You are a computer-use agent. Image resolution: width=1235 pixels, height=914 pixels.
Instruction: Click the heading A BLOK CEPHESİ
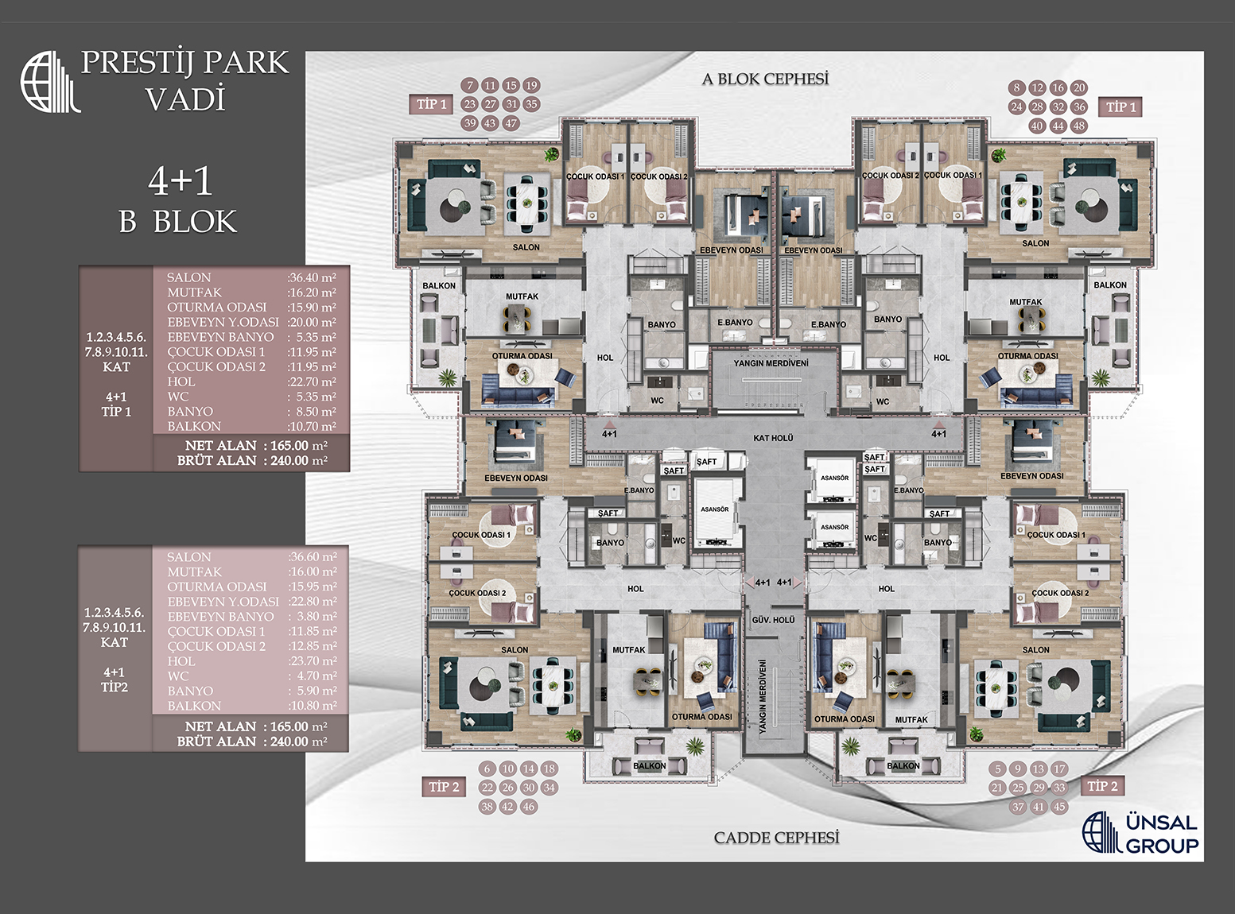pos(765,79)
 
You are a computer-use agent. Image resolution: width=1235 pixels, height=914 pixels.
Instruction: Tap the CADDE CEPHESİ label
pos(776,838)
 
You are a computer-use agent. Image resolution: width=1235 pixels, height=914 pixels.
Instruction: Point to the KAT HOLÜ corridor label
pos(773,438)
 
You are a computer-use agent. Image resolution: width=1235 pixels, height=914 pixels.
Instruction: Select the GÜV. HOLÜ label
pos(773,619)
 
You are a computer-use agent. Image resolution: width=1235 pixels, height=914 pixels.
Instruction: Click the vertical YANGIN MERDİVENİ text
pos(762,695)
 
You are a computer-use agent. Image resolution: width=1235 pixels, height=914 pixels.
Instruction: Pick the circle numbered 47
pos(511,123)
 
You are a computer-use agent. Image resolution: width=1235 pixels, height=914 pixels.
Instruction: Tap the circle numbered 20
pos(1078,88)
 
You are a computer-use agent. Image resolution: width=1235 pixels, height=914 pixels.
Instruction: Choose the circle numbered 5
pos(998,769)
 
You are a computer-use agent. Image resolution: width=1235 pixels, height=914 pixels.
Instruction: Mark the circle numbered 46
pos(529,807)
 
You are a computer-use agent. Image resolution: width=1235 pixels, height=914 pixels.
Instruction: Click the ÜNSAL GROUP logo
pos(1140,833)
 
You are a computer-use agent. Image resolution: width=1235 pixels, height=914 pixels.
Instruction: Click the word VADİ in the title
pos(185,100)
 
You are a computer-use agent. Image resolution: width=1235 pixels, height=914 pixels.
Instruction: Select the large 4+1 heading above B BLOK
pos(180,181)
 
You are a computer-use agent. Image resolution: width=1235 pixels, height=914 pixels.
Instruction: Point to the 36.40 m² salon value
pos(312,277)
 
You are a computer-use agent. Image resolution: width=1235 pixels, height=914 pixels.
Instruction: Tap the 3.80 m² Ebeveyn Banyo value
pos(313,617)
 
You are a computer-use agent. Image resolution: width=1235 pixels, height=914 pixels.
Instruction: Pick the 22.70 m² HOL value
pos(312,381)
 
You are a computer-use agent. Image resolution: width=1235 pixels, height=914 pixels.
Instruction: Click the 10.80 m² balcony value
pos(313,706)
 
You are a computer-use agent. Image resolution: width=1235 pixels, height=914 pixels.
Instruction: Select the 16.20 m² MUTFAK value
pos(312,292)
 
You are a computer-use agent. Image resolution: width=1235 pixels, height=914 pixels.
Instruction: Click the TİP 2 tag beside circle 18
pos(444,787)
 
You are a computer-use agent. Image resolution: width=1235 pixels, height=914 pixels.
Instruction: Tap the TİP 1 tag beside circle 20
pos(1121,107)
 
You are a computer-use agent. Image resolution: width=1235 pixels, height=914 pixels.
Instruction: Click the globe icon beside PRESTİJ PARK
pos(49,82)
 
